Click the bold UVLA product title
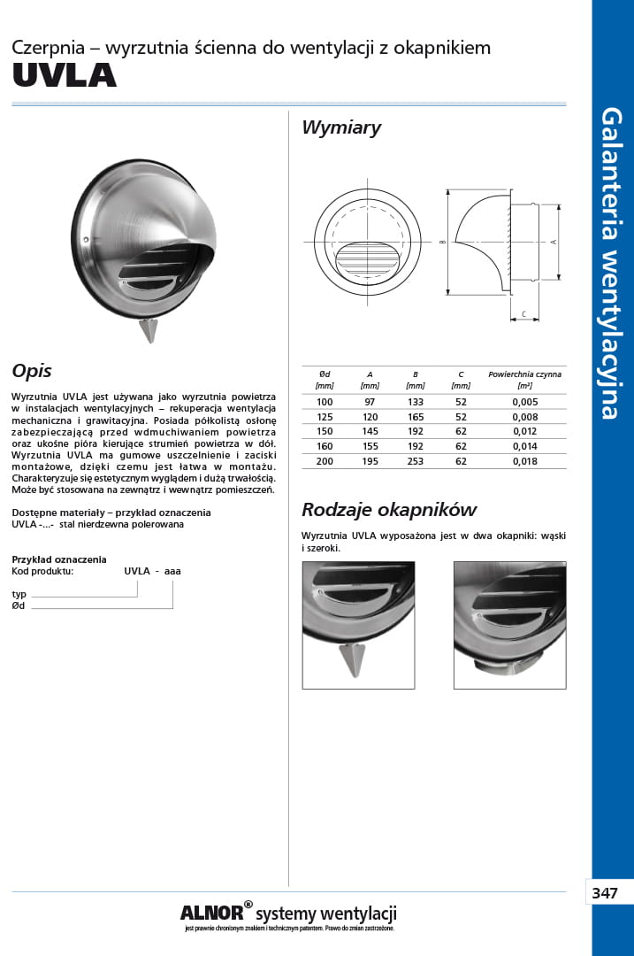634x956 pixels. [64, 76]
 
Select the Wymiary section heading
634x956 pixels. [341, 127]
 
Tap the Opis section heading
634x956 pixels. [32, 371]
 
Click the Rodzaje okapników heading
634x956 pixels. [389, 510]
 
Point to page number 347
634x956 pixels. [605, 893]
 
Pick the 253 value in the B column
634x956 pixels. [415, 461]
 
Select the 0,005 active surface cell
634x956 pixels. [524, 402]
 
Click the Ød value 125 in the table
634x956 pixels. [325, 417]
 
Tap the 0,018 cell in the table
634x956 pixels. [524, 461]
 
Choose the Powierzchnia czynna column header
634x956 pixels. [524, 374]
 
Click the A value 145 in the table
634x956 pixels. [370, 432]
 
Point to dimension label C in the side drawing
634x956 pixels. [523, 313]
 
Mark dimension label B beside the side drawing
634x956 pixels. [441, 242]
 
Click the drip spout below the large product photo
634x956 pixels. [149, 330]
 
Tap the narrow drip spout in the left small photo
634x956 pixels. [353, 659]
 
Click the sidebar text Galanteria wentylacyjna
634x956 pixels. [611, 263]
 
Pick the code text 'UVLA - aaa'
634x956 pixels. [152, 571]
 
